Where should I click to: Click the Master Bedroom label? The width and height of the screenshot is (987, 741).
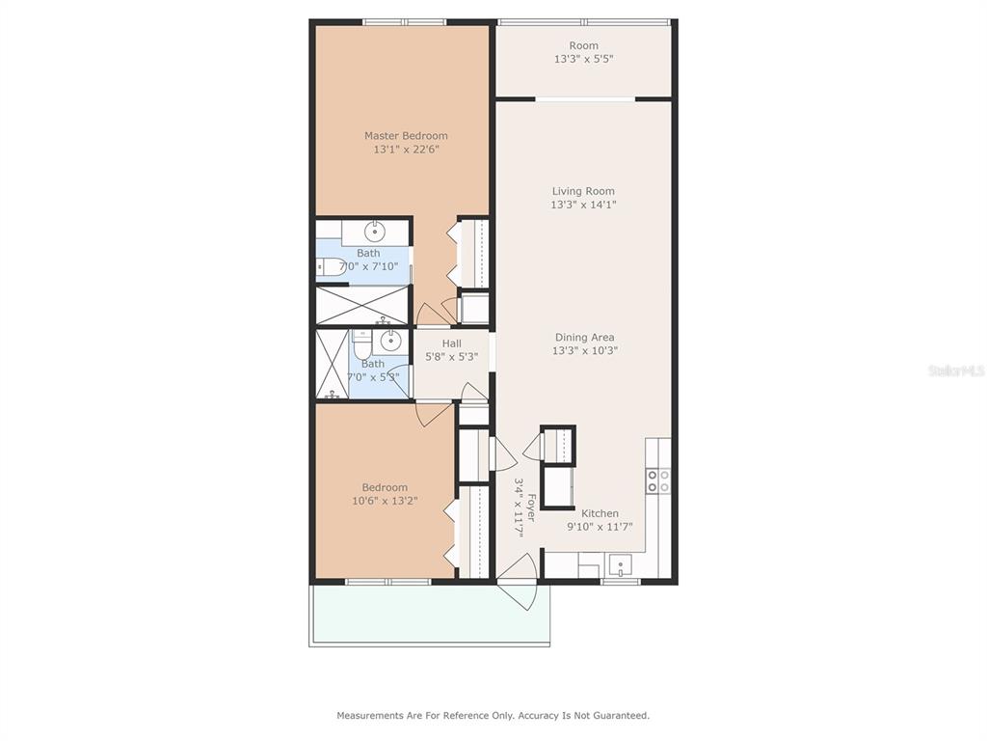406,135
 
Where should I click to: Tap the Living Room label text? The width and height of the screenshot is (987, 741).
583,191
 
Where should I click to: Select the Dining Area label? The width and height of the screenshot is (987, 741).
585,337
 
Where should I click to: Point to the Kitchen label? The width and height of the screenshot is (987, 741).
600,513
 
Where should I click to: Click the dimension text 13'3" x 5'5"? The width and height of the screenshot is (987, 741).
583,59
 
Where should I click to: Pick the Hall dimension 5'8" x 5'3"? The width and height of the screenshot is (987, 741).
451,357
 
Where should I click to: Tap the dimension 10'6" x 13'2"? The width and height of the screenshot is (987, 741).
385,501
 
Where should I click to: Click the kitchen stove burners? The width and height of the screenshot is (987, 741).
658,480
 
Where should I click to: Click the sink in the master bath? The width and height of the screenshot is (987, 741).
375,231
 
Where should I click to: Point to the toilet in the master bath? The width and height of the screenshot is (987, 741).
330,267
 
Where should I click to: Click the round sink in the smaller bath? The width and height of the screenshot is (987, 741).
391,342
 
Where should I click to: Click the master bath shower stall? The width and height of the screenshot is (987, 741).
362,306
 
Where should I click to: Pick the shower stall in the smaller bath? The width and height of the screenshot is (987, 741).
332,364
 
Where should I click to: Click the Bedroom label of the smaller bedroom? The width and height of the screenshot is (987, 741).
385,487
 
